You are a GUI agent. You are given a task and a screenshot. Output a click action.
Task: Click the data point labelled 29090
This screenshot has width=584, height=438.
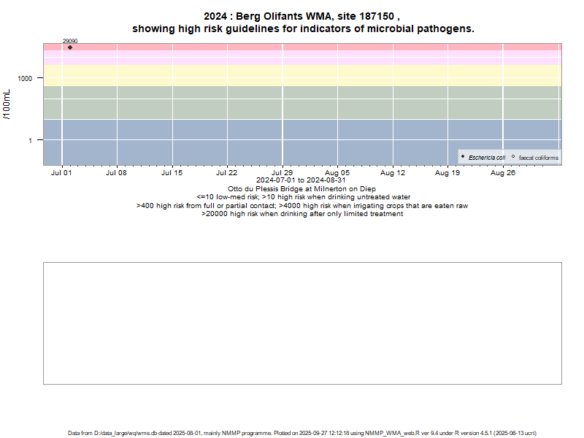(70, 47)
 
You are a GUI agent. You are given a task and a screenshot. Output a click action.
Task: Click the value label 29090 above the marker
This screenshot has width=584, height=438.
(70, 42)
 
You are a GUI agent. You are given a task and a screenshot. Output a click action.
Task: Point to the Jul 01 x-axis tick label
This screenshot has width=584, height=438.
(61, 173)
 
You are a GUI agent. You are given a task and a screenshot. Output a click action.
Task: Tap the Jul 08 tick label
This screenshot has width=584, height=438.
(117, 173)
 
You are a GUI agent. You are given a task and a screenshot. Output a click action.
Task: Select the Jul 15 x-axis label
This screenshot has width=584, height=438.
(172, 173)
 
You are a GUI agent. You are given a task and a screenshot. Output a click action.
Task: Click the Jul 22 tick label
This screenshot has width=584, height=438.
(227, 173)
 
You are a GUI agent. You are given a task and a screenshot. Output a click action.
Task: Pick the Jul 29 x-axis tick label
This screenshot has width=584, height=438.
(283, 173)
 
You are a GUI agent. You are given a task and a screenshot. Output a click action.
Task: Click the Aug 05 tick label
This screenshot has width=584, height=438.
(337, 173)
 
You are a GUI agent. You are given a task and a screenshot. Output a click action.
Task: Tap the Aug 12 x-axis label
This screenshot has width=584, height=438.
(393, 173)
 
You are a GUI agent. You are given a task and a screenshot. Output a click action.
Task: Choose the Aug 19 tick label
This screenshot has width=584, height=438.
(447, 173)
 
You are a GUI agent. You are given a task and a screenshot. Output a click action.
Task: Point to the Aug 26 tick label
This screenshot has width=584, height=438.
(503, 173)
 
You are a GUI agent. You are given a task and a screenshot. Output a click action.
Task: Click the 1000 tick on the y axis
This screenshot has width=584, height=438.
(27, 78)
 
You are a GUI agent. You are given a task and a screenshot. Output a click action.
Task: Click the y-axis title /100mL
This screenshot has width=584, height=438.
(8, 106)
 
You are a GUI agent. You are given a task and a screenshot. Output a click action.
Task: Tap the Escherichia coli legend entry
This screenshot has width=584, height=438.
(486, 158)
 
